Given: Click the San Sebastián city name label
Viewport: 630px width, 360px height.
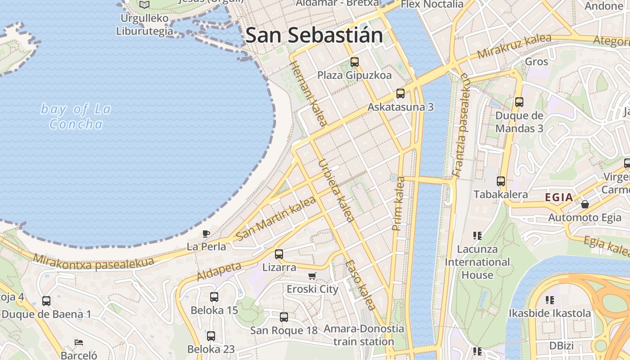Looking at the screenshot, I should click(x=314, y=35).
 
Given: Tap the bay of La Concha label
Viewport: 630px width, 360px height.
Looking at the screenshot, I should click(x=76, y=116).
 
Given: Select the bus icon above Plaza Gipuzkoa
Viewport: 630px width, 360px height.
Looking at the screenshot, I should click(x=355, y=62).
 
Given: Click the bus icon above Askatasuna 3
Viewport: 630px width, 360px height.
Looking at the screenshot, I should click(x=400, y=94).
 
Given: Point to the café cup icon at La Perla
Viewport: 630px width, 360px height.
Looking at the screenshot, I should click(x=206, y=234).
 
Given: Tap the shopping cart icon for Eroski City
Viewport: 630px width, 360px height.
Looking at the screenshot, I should click(x=312, y=276).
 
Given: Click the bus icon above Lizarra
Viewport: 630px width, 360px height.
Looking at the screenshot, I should click(x=279, y=254).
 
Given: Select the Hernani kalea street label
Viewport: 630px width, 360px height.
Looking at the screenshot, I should click(x=308, y=93).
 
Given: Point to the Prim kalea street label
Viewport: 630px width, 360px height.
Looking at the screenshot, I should click(x=399, y=204).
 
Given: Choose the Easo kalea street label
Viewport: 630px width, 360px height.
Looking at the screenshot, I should click(x=360, y=284).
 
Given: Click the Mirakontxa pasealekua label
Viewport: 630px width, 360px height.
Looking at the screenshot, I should click(x=93, y=262).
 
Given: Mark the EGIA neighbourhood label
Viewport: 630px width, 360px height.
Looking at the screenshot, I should click(x=559, y=197).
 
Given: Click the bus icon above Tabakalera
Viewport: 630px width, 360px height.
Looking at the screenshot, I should click(x=501, y=181).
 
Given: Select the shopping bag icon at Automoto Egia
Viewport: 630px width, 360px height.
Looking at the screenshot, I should click(x=585, y=204).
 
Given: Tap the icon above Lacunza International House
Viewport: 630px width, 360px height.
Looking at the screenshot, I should click(x=477, y=235).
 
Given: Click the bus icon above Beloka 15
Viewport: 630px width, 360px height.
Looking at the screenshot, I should click(x=214, y=297).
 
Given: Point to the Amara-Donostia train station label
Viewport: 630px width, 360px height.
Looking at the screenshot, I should click(x=364, y=335).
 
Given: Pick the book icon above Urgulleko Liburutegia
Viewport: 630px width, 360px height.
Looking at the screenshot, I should click(x=144, y=5).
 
